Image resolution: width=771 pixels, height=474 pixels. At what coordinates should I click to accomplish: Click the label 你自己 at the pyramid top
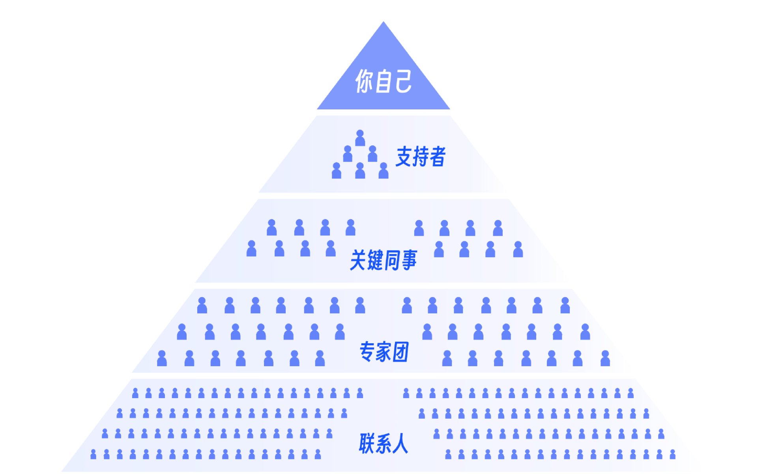tap(383, 81)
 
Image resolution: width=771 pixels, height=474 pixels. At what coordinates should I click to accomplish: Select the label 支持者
tap(421, 156)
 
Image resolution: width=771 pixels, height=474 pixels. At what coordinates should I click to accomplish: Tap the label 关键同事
tap(383, 260)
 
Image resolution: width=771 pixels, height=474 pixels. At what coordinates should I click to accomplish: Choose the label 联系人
tap(383, 443)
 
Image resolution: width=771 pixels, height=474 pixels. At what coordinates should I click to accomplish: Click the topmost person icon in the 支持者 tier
tap(360, 138)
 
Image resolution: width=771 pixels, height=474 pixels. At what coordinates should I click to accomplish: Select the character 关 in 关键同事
tap(358, 260)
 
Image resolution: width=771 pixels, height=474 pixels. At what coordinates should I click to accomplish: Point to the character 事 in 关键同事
tap(409, 260)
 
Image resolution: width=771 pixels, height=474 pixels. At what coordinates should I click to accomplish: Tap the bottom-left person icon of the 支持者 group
tap(336, 171)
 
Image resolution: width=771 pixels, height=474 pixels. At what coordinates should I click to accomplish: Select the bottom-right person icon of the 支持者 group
tap(384, 171)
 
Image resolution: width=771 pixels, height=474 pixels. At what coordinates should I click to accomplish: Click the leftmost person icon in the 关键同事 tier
tap(251, 249)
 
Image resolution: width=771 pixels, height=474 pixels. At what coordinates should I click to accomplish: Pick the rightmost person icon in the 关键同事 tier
tap(518, 250)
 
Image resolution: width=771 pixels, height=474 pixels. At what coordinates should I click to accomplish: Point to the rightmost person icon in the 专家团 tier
tap(605, 359)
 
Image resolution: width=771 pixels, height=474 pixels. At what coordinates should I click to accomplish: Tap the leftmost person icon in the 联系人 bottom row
tap(94, 454)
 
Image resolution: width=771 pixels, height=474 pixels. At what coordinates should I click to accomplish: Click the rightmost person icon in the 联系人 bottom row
tap(673, 454)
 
